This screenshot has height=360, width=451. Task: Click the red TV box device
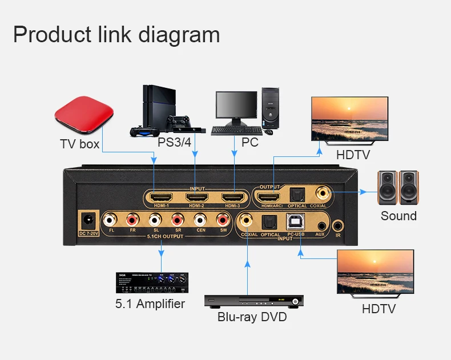[78, 119]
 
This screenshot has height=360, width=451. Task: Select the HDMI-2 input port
[196, 197]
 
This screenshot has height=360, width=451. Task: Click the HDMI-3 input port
[233, 197]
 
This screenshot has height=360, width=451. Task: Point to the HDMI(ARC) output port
[271, 197]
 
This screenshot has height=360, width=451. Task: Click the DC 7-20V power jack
[88, 220]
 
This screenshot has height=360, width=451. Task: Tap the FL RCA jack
[109, 220]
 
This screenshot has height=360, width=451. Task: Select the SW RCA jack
[223, 220]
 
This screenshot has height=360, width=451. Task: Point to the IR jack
[339, 225]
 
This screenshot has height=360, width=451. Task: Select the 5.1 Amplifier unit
[151, 282]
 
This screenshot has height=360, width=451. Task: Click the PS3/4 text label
[174, 141]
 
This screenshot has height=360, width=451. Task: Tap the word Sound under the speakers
[398, 216]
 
